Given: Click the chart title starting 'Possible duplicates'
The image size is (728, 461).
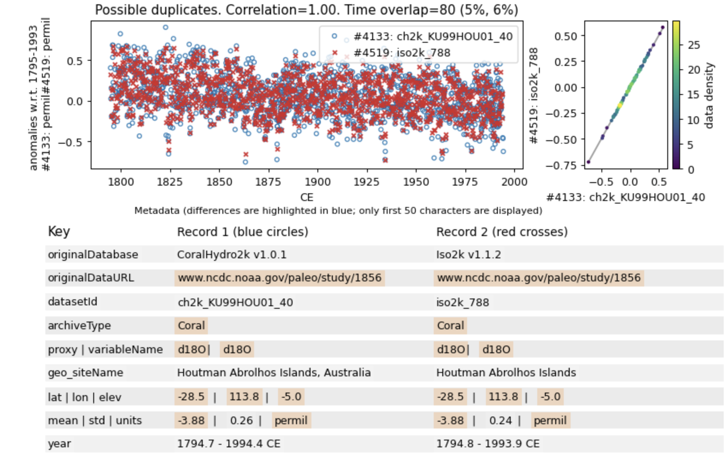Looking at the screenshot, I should [x=306, y=9].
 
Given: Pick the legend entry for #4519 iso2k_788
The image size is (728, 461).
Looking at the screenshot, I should [x=402, y=53].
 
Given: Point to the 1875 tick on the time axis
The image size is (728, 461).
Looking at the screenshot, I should [x=268, y=182].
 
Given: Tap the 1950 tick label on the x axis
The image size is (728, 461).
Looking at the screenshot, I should [x=416, y=182].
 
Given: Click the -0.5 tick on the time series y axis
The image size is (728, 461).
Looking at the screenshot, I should [x=71, y=142].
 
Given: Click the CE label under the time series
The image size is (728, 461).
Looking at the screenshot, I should [x=307, y=197].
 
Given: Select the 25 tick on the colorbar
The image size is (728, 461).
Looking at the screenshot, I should [x=694, y=44].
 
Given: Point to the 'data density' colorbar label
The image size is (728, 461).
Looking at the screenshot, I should [x=709, y=95].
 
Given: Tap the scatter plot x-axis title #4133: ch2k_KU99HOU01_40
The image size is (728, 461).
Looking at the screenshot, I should [x=626, y=197].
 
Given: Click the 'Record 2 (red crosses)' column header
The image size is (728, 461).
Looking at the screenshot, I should [x=502, y=232].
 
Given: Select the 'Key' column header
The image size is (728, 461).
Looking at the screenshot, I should [x=59, y=231].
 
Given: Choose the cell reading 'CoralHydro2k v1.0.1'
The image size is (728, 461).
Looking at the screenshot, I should [x=231, y=254].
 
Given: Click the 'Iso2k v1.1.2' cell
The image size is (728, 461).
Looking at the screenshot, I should [x=468, y=254].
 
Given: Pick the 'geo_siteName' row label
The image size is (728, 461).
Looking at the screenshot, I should [x=86, y=372].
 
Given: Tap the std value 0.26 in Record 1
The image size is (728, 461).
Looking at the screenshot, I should [x=241, y=420].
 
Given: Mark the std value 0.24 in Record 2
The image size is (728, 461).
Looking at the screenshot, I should [x=500, y=420].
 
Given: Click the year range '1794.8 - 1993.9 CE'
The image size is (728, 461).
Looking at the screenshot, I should [x=488, y=443].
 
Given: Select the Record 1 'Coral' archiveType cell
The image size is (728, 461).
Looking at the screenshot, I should [x=191, y=325].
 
